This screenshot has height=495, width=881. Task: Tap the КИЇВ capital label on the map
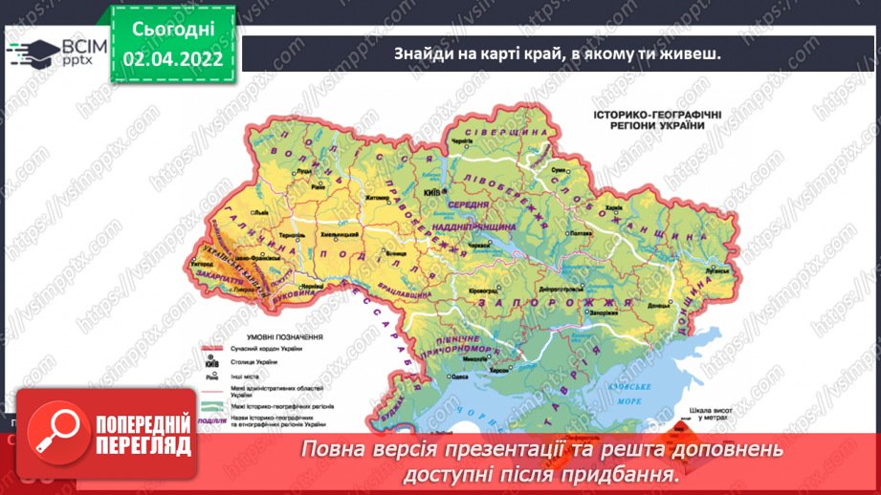pyautogui.click(x=431, y=192)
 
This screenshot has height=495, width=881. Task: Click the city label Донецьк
pyautogui.click(x=660, y=305)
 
